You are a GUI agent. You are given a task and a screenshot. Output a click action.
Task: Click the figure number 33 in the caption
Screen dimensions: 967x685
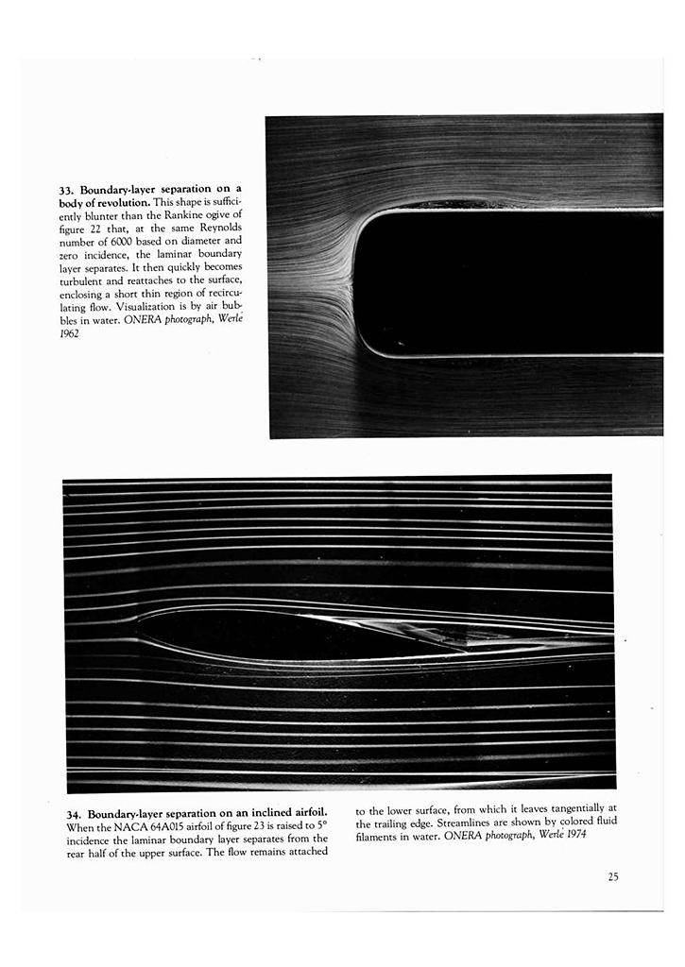(x=67, y=190)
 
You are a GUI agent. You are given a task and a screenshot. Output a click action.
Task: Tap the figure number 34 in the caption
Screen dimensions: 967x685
(x=75, y=814)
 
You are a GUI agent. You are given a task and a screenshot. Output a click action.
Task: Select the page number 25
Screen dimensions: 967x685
(x=613, y=876)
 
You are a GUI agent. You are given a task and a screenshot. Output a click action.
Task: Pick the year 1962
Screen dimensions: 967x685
(x=67, y=333)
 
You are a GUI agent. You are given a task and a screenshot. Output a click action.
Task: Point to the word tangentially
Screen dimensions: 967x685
(x=566, y=808)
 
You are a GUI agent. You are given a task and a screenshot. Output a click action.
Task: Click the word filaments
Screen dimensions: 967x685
(x=378, y=836)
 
